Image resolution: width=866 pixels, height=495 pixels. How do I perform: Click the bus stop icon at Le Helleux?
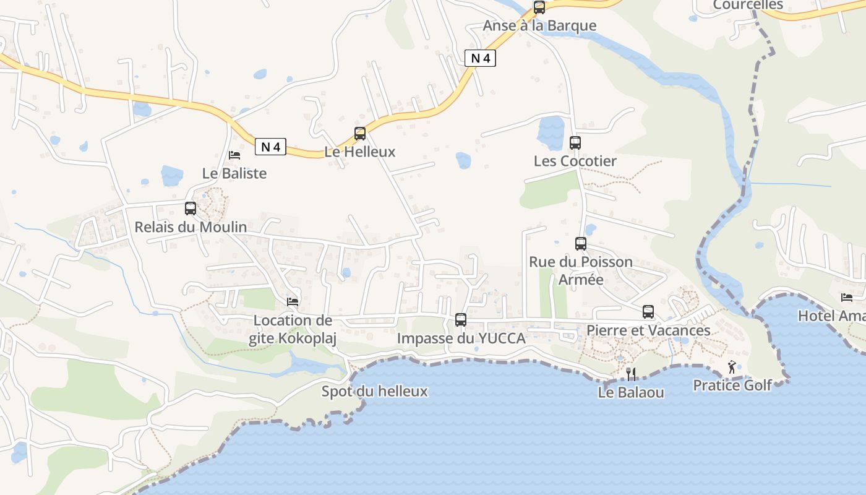pyautogui.click(x=359, y=133)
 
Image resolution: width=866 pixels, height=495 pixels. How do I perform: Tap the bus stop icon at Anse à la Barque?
pyautogui.click(x=539, y=7)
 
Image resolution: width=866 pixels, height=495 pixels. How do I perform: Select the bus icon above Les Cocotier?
pyautogui.click(x=575, y=143)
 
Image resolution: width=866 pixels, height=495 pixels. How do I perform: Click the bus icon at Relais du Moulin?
pyautogui.click(x=191, y=209)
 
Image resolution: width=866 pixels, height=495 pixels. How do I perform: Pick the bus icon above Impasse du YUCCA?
pyautogui.click(x=461, y=320)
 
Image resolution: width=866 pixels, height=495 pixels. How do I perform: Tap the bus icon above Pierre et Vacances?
pyautogui.click(x=648, y=312)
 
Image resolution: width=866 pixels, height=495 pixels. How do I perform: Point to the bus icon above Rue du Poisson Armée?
pyautogui.click(x=581, y=244)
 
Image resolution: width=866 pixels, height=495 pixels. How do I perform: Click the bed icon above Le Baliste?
pyautogui.click(x=234, y=155)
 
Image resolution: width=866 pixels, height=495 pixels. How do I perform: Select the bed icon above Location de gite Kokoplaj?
pyautogui.click(x=293, y=302)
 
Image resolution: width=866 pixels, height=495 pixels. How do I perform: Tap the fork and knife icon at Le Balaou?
pyautogui.click(x=631, y=374)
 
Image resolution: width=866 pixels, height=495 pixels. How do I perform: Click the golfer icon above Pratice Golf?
pyautogui.click(x=732, y=367)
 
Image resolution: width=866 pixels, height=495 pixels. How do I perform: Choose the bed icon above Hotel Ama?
pyautogui.click(x=847, y=298)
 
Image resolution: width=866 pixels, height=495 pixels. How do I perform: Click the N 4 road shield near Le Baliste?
pyautogui.click(x=271, y=147)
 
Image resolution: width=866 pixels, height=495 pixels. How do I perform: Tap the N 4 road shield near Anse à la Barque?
pyautogui.click(x=480, y=58)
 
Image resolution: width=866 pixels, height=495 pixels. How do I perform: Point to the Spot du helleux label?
pyautogui.click(x=374, y=391)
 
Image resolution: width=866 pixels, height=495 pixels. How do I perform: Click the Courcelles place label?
pyautogui.click(x=748, y=5)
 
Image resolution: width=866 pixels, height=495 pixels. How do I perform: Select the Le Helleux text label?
pyautogui.click(x=359, y=152)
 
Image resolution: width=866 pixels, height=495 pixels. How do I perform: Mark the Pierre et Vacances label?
pyautogui.click(x=648, y=330)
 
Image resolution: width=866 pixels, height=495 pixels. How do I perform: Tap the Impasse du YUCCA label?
pyautogui.click(x=461, y=338)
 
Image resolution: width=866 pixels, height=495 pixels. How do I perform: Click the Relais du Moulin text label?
pyautogui.click(x=191, y=227)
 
